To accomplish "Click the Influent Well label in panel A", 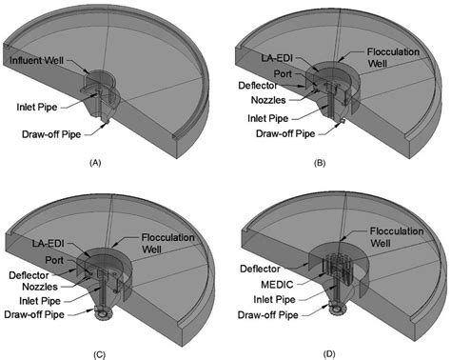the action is pyautogui.click(x=36, y=60).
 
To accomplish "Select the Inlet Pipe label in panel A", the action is pyautogui.click(x=37, y=107).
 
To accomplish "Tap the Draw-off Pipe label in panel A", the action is pyautogui.click(x=51, y=134).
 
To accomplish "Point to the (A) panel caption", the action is pyautogui.click(x=95, y=163).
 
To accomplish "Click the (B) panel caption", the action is pyautogui.click(x=320, y=163).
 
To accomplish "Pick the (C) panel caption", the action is pyautogui.click(x=99, y=354).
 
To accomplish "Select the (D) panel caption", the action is pyautogui.click(x=328, y=353).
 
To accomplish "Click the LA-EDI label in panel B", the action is pyautogui.click(x=277, y=58).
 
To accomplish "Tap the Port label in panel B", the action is pyautogui.click(x=283, y=73).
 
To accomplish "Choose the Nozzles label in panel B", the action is pyautogui.click(x=268, y=100).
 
